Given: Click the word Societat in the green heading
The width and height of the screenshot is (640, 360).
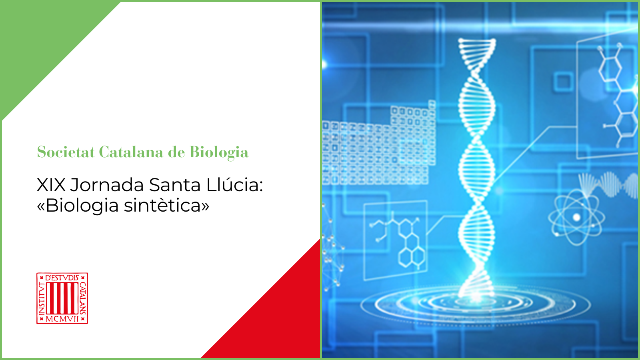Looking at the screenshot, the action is pos(66,152).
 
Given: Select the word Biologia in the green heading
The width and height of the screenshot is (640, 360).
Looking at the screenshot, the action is pos(219,152).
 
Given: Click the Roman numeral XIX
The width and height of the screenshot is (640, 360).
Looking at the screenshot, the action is pos(51,185).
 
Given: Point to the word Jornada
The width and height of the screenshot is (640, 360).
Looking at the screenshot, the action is pos(107,185).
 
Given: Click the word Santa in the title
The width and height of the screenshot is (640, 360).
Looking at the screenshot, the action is pos(175,185).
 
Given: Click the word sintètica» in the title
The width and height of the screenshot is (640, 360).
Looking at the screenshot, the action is pos(166,205).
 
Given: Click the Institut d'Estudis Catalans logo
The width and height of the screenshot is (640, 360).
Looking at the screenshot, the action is pos(62,298).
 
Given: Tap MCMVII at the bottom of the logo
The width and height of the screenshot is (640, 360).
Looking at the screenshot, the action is pos(62,318).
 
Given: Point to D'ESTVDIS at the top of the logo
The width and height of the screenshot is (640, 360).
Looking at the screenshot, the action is pos(62,278).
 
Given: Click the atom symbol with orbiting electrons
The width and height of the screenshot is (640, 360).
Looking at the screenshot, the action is pos(576,218).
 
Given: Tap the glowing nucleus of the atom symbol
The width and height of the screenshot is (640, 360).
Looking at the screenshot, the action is pos(576,218).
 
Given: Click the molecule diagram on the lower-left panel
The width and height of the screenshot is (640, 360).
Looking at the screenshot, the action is pos(400,240).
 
